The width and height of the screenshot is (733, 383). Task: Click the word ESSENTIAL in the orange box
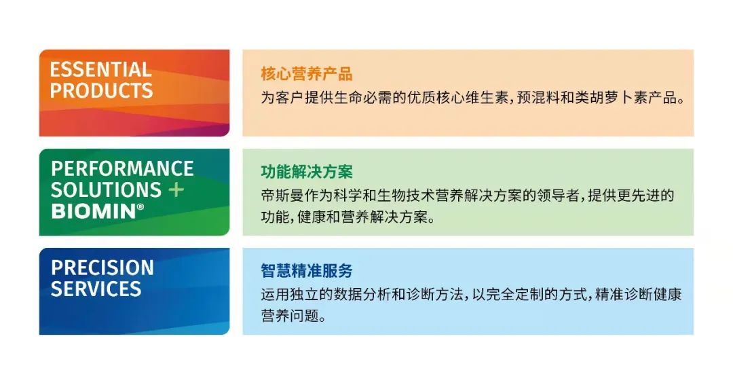coord(101,69)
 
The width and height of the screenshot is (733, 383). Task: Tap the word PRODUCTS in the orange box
coord(101,90)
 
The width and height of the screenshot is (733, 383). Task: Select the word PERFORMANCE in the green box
coord(122,169)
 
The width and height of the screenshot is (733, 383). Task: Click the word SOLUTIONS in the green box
coord(106,190)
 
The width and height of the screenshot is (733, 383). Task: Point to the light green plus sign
coord(176,190)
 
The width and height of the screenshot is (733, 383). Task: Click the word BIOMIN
coord(94,211)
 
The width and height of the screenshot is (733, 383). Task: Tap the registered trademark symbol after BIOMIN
coord(140,207)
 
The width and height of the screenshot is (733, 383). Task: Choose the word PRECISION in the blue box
coord(102,268)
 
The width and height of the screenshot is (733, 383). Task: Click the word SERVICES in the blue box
coord(96,289)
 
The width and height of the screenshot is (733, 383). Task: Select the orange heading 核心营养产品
coord(307,74)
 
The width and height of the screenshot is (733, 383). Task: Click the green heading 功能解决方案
coord(307,172)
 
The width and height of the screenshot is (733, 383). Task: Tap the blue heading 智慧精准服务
coord(307,271)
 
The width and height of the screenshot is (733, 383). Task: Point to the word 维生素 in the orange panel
coord(487,98)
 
